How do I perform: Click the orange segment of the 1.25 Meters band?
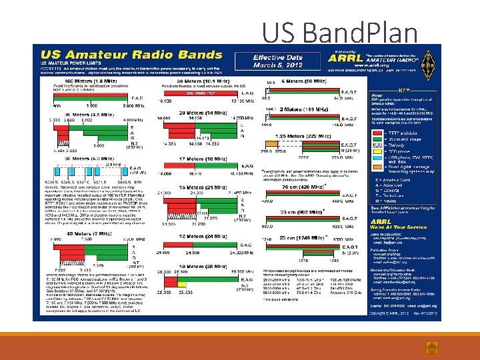pyautogui.click(x=271, y=143)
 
